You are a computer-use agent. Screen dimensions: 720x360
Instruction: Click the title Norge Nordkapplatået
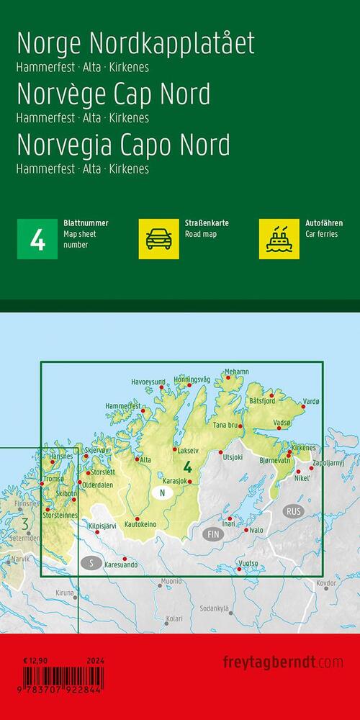pyautogui.click(x=135, y=45)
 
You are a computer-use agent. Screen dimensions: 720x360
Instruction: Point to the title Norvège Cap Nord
pyautogui.click(x=113, y=94)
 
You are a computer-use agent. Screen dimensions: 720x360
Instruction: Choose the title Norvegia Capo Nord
pyautogui.click(x=123, y=145)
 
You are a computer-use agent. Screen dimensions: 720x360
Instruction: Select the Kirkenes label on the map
pyautogui.click(x=303, y=448)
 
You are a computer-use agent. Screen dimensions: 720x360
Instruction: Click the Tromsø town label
pyautogui.click(x=54, y=479)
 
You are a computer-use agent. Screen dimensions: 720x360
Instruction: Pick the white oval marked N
pyautogui.click(x=163, y=493)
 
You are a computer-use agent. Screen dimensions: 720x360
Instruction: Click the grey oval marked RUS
pyautogui.click(x=294, y=510)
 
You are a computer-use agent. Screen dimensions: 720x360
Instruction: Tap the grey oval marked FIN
pyautogui.click(x=212, y=534)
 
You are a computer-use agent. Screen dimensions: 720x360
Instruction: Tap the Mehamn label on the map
pyautogui.click(x=236, y=372)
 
